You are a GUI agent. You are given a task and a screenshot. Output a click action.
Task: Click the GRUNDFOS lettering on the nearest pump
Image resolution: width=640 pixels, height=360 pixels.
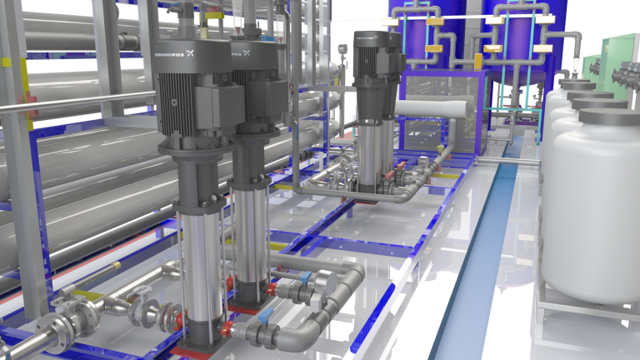[170, 54]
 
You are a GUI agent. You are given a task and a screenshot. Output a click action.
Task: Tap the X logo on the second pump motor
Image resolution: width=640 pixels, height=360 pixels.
[246, 53]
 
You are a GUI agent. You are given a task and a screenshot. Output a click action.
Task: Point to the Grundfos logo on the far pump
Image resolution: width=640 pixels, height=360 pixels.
[367, 37]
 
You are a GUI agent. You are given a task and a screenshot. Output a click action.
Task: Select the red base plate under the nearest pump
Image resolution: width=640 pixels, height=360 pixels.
[191, 352]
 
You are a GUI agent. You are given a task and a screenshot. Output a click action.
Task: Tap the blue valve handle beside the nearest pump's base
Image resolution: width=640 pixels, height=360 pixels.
[266, 315]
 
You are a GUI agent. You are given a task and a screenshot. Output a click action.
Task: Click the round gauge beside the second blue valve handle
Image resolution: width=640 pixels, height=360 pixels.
[326, 282]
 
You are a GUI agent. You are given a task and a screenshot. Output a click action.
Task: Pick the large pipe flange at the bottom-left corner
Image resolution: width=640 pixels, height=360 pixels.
[56, 333]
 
